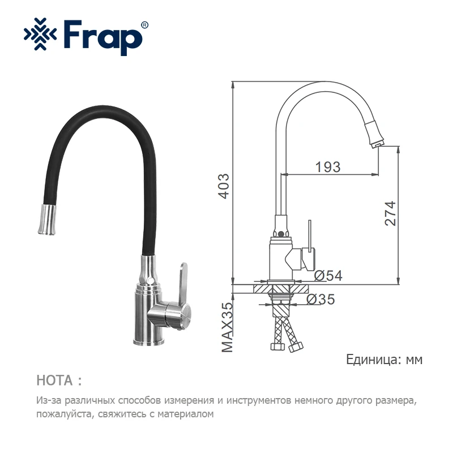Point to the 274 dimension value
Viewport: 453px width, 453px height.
390,214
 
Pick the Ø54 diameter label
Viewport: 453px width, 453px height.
328,276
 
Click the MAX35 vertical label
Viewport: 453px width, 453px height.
227,327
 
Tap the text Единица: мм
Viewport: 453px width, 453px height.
384,360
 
